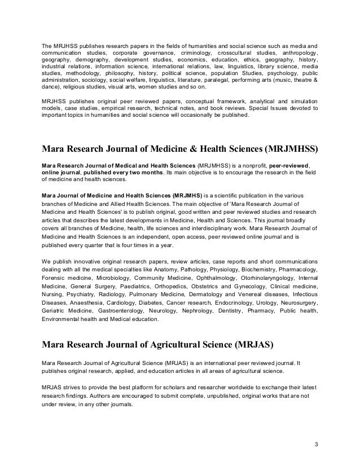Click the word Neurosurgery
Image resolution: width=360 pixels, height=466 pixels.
pos(298,302)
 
